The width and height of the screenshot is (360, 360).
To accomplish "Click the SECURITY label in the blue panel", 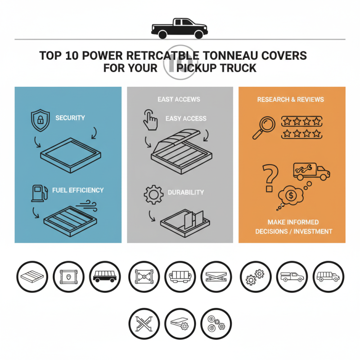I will tap(70, 118).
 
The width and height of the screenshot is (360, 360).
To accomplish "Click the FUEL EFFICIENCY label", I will tap(77, 190).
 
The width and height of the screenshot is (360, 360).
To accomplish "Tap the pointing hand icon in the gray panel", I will tap(150, 119).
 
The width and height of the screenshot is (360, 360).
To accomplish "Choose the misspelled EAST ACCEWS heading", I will tap(179, 99).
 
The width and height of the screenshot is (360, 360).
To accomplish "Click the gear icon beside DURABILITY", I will tap(152, 194).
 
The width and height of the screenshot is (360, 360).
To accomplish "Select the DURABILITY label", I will tap(185, 192).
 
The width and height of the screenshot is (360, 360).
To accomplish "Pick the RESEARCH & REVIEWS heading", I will tap(290, 99).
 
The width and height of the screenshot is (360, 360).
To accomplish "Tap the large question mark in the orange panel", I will tap(270, 177).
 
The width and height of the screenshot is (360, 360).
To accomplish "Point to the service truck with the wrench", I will tap(311, 171).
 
